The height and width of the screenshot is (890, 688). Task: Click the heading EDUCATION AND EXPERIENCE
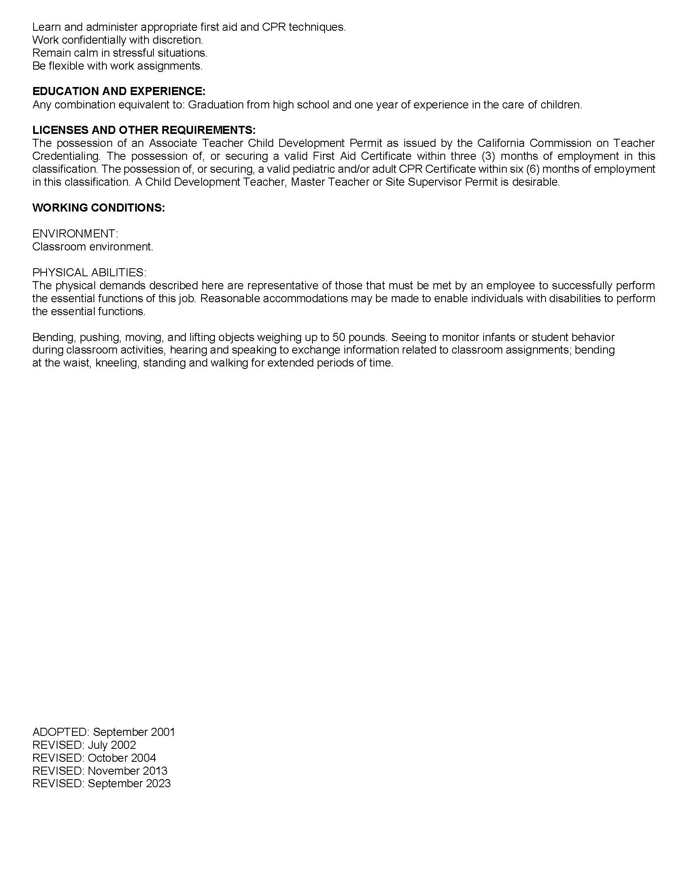tap(119, 91)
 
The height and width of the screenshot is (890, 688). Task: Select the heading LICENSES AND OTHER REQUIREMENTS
tap(144, 130)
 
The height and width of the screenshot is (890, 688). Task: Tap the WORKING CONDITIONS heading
tap(99, 208)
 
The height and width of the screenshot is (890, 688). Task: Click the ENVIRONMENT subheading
tap(75, 233)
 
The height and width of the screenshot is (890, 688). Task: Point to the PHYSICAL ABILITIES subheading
tap(89, 272)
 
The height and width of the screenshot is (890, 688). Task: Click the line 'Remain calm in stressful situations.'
tap(120, 53)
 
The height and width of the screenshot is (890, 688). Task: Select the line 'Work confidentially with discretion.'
tap(117, 40)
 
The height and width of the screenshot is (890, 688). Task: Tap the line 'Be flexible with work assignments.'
tap(117, 66)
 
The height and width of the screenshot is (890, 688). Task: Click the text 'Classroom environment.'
tap(93, 246)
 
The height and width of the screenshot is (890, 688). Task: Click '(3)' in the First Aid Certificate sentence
tap(488, 156)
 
